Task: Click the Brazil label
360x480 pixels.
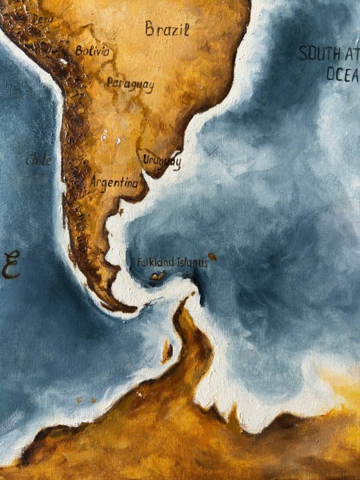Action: tap(167, 29)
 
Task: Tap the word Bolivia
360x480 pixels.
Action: tap(92, 51)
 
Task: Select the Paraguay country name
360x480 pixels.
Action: tap(130, 84)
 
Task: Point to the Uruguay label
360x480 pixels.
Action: tap(161, 161)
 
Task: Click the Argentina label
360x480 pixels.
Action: tap(114, 183)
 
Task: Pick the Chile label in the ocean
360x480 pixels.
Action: tap(38, 161)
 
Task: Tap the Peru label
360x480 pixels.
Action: tap(42, 20)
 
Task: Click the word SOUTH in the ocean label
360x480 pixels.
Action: tap(315, 53)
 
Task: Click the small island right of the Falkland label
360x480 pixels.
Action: tap(212, 257)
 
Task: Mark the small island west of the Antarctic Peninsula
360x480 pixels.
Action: tap(166, 350)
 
